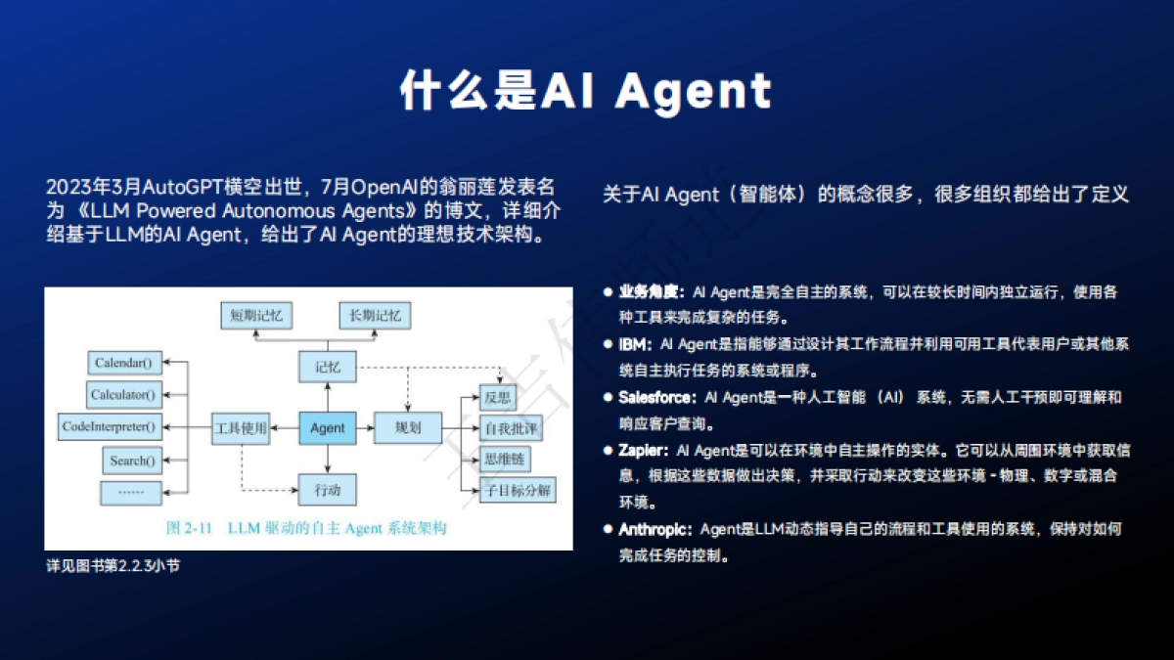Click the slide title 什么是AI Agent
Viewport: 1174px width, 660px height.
(x=586, y=91)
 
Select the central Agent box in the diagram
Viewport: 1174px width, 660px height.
(x=327, y=428)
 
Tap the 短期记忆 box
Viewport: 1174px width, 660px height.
(x=256, y=316)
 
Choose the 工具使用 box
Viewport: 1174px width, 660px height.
(x=240, y=428)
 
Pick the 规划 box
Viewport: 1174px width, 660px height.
(x=407, y=428)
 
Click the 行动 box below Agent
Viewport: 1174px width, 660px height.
(x=327, y=488)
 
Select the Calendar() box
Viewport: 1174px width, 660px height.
(x=123, y=363)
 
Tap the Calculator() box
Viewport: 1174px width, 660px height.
(x=123, y=395)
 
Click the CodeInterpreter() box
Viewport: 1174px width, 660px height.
(x=109, y=427)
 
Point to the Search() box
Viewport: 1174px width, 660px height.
(x=131, y=460)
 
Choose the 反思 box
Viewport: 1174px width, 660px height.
(x=498, y=398)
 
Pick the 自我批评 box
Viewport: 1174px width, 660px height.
(x=511, y=428)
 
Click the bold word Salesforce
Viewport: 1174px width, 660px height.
(x=656, y=397)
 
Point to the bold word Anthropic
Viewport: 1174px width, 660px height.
(x=655, y=529)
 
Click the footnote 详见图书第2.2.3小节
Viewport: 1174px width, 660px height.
(x=113, y=565)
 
